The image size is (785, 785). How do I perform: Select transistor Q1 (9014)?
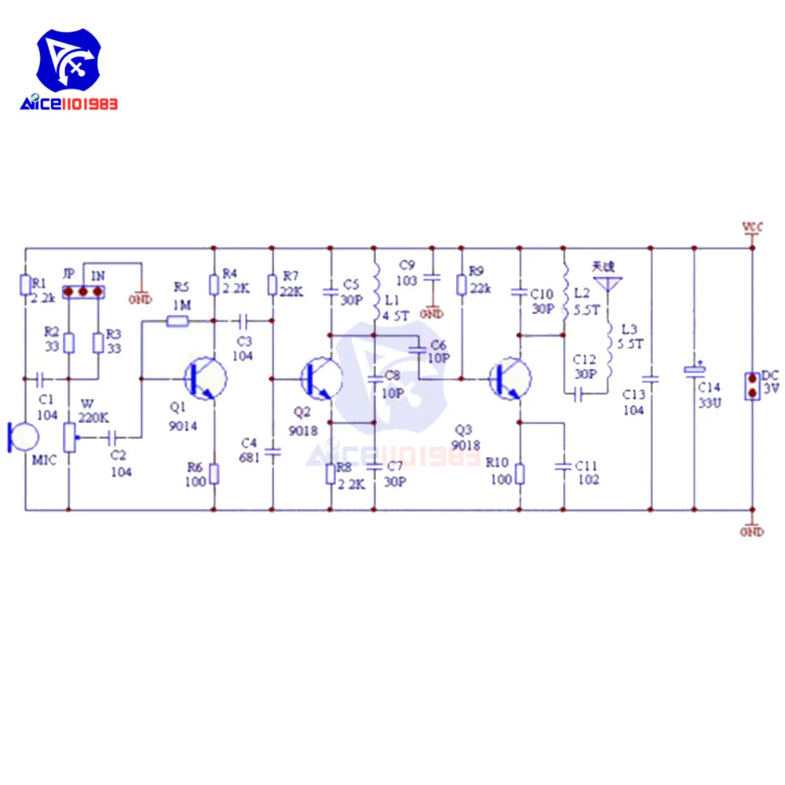204,378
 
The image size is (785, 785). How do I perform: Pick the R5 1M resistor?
177,320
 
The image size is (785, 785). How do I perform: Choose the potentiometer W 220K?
69,433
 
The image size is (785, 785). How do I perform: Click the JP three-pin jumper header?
83,292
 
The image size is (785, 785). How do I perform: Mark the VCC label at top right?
752,228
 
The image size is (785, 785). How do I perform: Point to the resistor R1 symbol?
25,284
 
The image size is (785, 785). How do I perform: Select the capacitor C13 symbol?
652,378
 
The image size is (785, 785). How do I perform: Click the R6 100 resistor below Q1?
214,474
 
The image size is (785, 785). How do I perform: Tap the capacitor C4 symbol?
272,451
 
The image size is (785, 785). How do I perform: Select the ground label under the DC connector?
752,532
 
